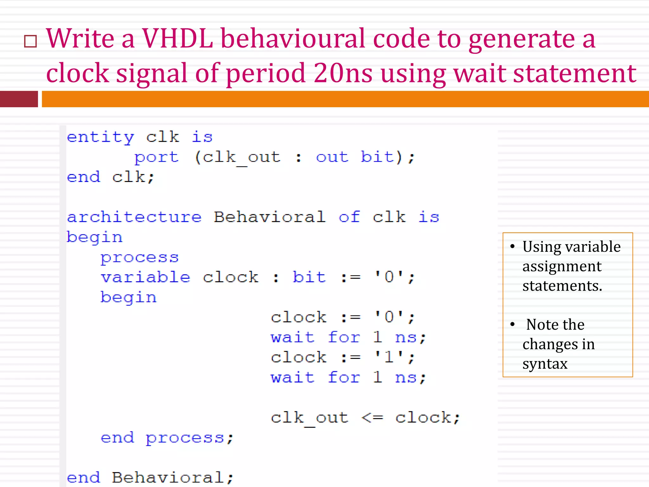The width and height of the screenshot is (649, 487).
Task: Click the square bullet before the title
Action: coord(30,41)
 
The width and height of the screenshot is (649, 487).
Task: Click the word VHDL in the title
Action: coord(177,39)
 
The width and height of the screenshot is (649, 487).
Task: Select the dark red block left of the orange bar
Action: coord(19,99)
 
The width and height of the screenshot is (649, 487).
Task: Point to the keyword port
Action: coord(157,157)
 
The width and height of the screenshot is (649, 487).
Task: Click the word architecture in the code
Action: coord(134,217)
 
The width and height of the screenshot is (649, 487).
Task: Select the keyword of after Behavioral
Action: coord(349,217)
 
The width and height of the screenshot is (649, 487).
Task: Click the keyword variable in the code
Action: coord(145,277)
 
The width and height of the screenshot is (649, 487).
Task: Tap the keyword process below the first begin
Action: coord(139,257)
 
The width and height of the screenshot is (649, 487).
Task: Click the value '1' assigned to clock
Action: coord(389,357)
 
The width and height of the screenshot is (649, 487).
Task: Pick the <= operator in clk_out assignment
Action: coord(372,418)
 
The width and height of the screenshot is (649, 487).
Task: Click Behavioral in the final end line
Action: coord(168,477)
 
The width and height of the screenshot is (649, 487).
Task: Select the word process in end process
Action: coord(185,438)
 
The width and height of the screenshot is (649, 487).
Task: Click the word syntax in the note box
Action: coord(545,364)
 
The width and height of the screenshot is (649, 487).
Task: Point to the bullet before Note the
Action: coord(512,324)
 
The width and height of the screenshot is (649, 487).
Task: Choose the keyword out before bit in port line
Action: coord(332,157)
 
